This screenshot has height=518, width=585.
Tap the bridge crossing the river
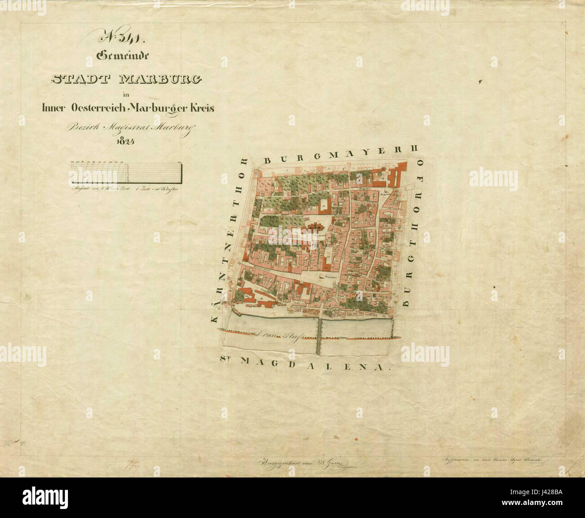coord(319,335)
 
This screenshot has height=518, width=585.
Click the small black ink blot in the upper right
coord(481,81)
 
